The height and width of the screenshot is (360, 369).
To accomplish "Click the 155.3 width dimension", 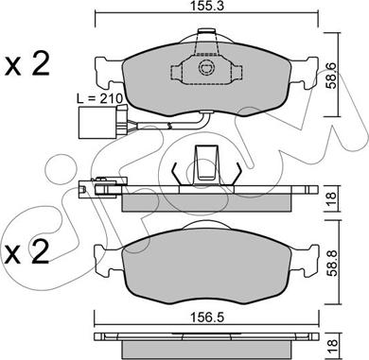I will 198,9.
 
